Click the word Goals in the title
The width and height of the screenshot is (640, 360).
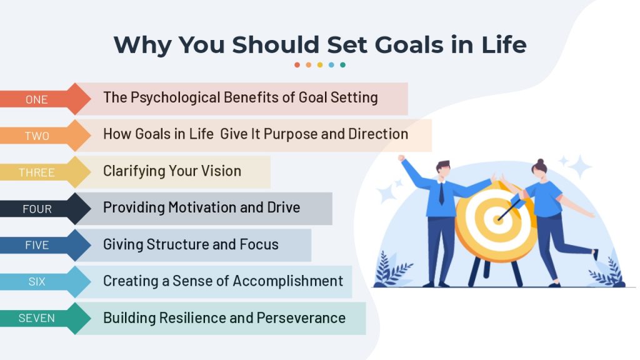pos(409,44)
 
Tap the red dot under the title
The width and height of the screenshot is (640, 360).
pos(297,65)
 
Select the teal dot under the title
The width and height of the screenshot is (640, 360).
pos(343,65)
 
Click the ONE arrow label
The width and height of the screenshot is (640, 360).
pos(37,99)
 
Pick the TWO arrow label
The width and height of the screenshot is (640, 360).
pos(37,136)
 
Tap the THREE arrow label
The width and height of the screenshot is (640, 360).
pos(37,172)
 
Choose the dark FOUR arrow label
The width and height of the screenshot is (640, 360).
pos(37,209)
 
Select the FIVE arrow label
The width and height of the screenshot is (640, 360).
pos(37,245)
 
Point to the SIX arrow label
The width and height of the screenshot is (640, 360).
pos(37,282)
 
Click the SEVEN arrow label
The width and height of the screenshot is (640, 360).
pos(37,318)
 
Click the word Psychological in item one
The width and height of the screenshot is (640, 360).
pos(176,98)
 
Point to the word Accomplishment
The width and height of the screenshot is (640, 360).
pos(287,281)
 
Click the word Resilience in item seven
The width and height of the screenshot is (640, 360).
pos(192,318)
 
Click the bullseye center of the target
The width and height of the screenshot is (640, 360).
pos(498,219)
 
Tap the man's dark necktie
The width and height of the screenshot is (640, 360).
pos(441,194)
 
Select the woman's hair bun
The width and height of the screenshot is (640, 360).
pos(541,162)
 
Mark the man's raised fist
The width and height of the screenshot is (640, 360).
pos(402,157)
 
